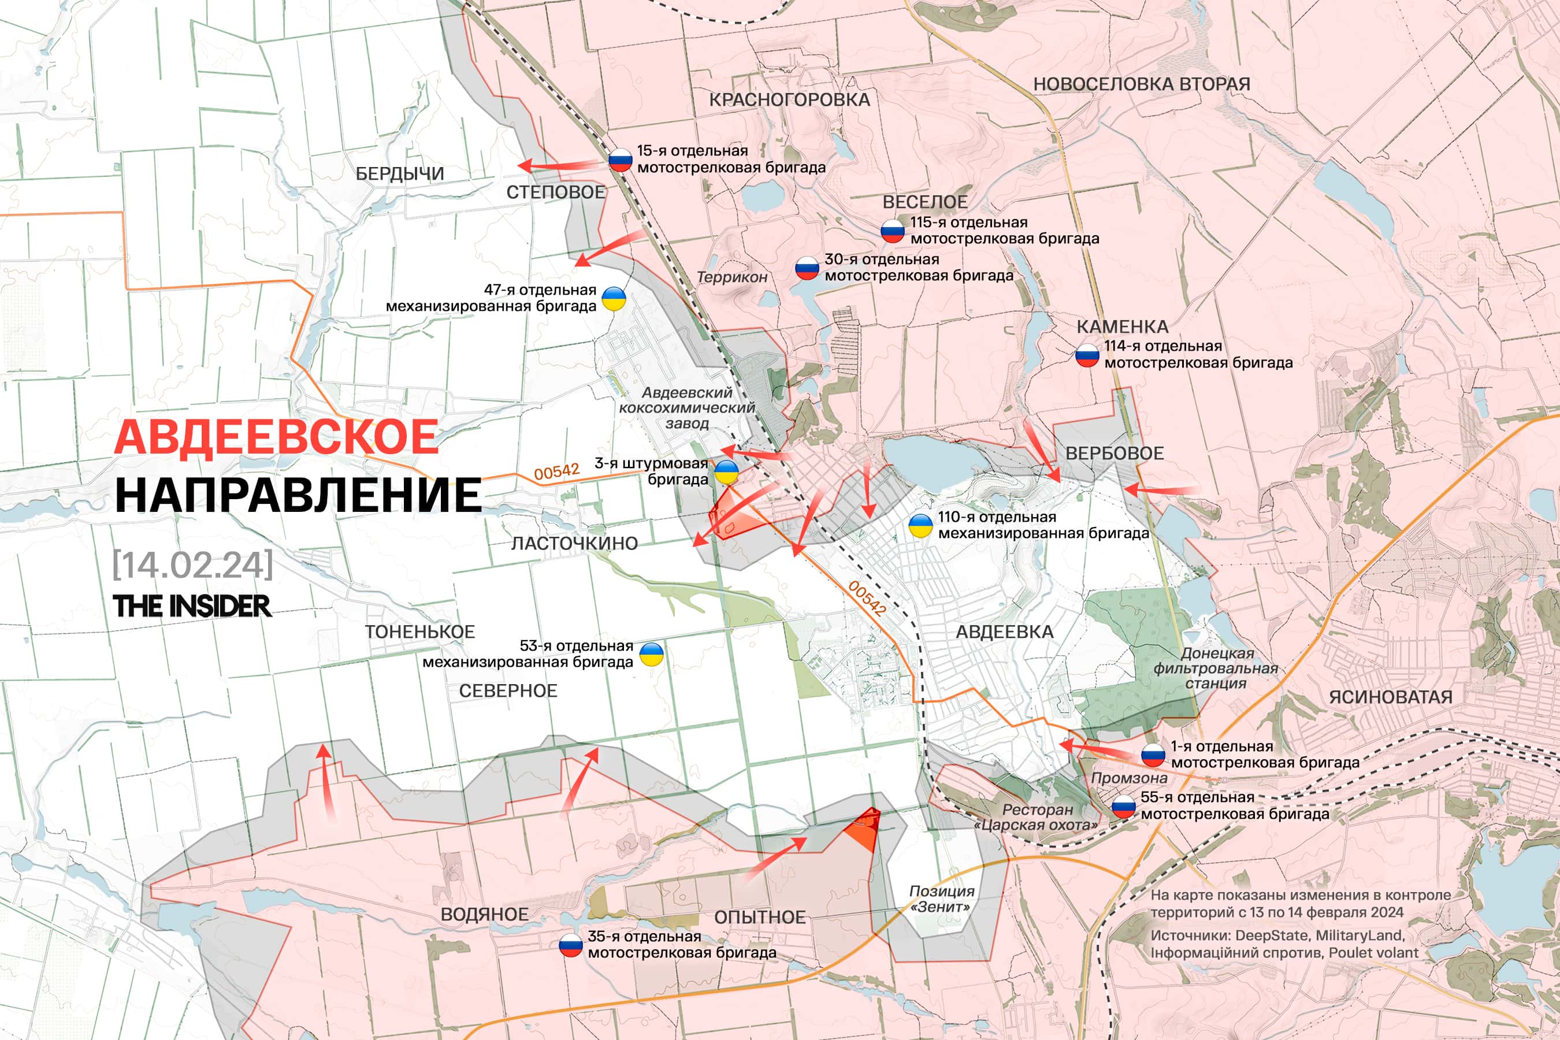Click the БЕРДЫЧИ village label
pos(399,174)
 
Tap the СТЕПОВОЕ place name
pos(556,192)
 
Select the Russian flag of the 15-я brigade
pos(621,160)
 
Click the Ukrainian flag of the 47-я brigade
pos(614,299)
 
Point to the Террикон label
pos(731,277)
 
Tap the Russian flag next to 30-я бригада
pos(807,268)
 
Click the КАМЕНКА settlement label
pos(1122,326)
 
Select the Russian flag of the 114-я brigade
pos(1087,355)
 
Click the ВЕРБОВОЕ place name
pos(1115,454)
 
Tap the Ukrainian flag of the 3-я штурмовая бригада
pos(726,472)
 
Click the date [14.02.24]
pos(192,564)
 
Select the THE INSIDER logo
pos(192,606)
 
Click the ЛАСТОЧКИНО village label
pos(574,543)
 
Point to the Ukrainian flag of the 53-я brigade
pos(651,655)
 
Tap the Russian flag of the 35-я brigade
pos(570,945)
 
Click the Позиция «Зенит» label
pos(941,898)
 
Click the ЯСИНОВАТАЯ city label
pos(1390,697)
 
